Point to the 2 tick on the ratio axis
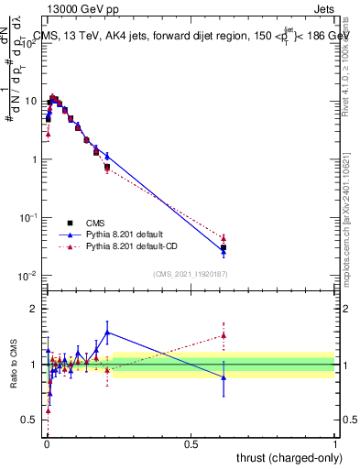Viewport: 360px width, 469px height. pos(34,309)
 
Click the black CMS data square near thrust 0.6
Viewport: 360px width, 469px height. pos(224,247)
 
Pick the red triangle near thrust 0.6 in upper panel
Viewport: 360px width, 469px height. pos(224,238)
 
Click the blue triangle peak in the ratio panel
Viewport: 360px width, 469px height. pos(107,333)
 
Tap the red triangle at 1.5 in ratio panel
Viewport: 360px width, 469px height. pos(224,335)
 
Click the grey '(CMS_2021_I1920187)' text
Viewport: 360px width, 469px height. pos(190,274)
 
